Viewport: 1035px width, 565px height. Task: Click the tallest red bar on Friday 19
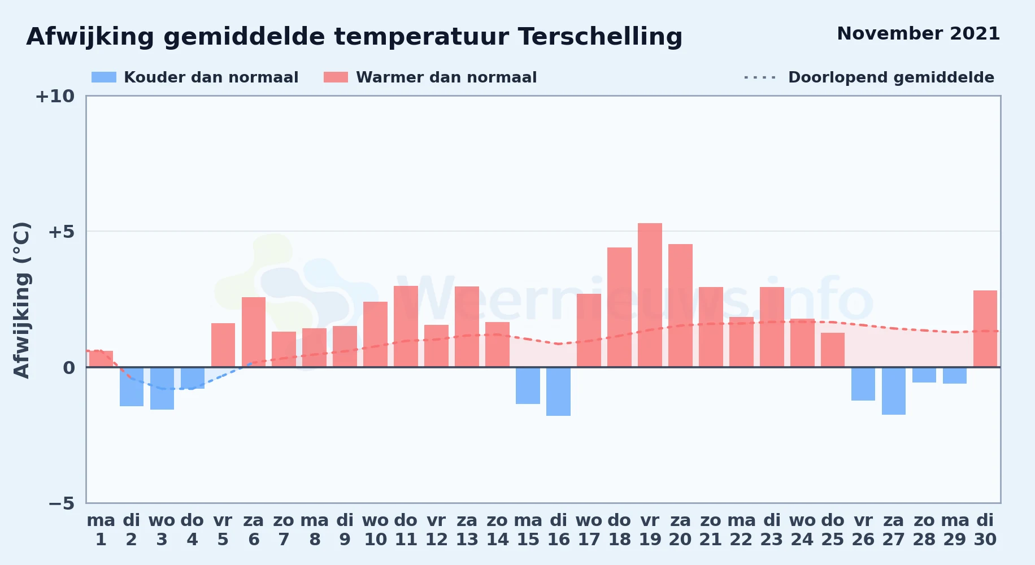[650, 295]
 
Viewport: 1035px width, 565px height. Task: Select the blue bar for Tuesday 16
[558, 392]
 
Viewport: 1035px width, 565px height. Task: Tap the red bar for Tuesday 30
[985, 329]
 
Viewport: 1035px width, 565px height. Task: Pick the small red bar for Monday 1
[101, 359]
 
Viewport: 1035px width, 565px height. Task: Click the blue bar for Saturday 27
[894, 391]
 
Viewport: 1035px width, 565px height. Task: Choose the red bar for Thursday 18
[619, 307]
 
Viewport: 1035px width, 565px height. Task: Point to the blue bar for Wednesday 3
[162, 388]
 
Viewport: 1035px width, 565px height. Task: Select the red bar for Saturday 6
[254, 332]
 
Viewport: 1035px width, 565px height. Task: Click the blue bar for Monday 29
[955, 376]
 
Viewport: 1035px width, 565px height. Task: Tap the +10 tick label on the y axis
[55, 97]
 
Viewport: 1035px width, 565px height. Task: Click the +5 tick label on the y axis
[61, 232]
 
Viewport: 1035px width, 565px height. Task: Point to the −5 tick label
[61, 503]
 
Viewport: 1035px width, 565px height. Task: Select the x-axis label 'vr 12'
[436, 530]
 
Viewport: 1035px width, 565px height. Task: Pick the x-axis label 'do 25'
[833, 530]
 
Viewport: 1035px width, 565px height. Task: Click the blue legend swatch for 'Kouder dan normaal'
[104, 77]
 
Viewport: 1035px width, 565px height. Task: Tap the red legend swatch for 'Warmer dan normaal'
[336, 77]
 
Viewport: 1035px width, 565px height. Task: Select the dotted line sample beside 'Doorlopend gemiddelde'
[760, 77]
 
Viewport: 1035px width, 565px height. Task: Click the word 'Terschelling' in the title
[600, 37]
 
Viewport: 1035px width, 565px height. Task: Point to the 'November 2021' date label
[918, 33]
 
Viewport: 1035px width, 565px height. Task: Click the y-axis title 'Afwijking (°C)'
[21, 300]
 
